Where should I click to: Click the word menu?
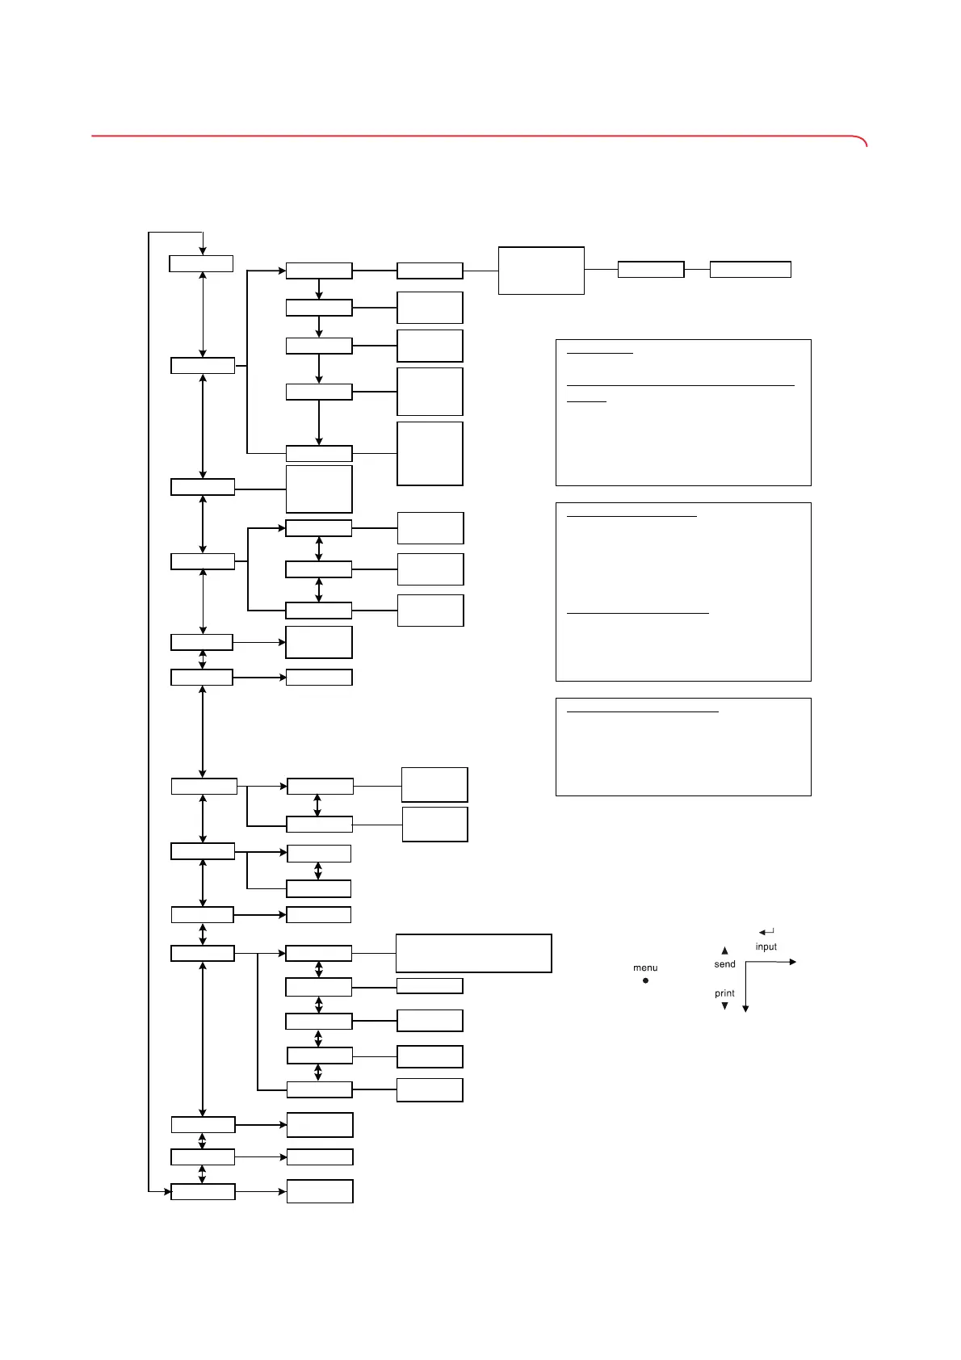coord(645,968)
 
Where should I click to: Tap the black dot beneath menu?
coord(645,980)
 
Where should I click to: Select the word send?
coord(724,964)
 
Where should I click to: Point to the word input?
coord(766,947)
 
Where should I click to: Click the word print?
coord(724,993)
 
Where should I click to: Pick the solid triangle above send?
coord(724,951)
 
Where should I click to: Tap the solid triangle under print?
coord(724,1006)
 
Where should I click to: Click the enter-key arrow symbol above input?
coord(766,932)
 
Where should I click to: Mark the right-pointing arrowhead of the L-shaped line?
coord(793,962)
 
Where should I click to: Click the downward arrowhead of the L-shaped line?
coord(745,1009)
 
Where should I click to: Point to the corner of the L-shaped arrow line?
coord(745,962)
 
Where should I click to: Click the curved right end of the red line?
coord(863,141)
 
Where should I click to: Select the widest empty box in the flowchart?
coord(473,953)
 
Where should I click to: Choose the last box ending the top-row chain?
coord(750,270)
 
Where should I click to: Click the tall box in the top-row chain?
coord(541,271)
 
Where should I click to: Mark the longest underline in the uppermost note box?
coord(680,386)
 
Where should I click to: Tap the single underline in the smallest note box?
coord(643,712)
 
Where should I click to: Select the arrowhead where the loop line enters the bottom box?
coord(166,1190)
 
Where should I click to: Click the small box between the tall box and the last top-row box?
coord(651,270)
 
